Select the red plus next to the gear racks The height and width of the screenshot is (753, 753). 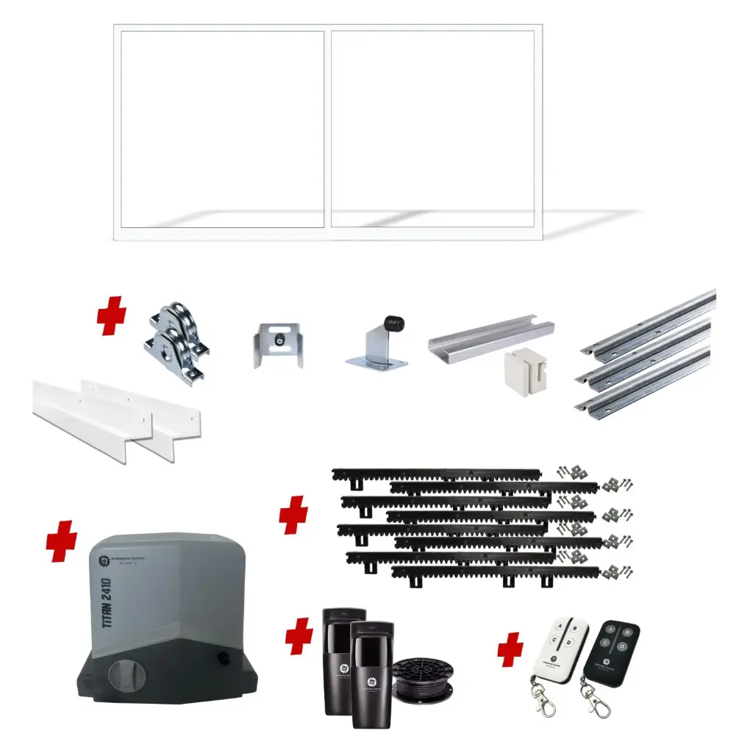pyautogui.click(x=293, y=514)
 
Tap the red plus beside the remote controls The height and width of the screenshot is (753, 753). pyautogui.click(x=510, y=650)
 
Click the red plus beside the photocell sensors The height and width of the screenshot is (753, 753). pyautogui.click(x=299, y=636)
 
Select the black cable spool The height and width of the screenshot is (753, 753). pyautogui.click(x=423, y=679)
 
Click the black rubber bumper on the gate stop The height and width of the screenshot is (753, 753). pyautogui.click(x=393, y=324)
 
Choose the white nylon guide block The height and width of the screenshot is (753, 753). pyautogui.click(x=526, y=371)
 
